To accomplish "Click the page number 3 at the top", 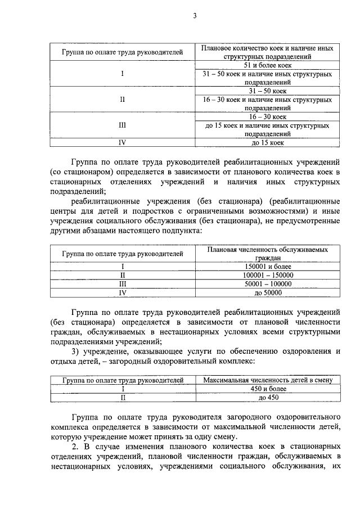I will coord(194,16).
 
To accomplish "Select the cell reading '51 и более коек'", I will coord(267,65).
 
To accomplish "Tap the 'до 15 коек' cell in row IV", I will coord(267,143).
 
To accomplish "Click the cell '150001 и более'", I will coord(267,266).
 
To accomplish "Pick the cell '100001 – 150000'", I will coord(267,275).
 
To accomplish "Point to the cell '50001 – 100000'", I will coord(267,284).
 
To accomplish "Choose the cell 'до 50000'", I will coord(267,293).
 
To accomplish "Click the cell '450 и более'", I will coord(267,389).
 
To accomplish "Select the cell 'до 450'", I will coord(267,398).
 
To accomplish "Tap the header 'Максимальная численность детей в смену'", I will coord(267,380).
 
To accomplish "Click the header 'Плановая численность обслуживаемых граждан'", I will coord(267,253).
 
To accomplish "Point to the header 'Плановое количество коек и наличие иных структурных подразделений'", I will coord(267,52).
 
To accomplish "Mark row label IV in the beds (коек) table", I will coord(122,143).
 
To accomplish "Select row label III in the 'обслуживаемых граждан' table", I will coord(122,284).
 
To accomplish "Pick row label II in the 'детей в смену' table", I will coord(122,398).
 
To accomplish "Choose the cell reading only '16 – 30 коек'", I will coord(267,117).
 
